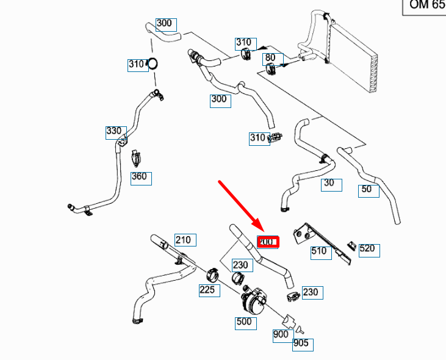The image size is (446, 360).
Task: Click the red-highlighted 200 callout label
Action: point(268,242)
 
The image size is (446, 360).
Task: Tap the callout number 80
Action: point(270,59)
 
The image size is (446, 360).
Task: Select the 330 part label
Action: point(114,131)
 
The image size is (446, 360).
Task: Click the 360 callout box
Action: point(141,178)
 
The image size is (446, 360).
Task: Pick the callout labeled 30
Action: point(331,184)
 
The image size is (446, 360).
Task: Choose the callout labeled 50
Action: point(368,190)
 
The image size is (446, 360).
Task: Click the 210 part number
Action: point(184,239)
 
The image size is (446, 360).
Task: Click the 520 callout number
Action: point(369,250)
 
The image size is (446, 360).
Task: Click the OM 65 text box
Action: point(423,6)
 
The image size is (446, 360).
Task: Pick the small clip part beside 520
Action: point(351,245)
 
